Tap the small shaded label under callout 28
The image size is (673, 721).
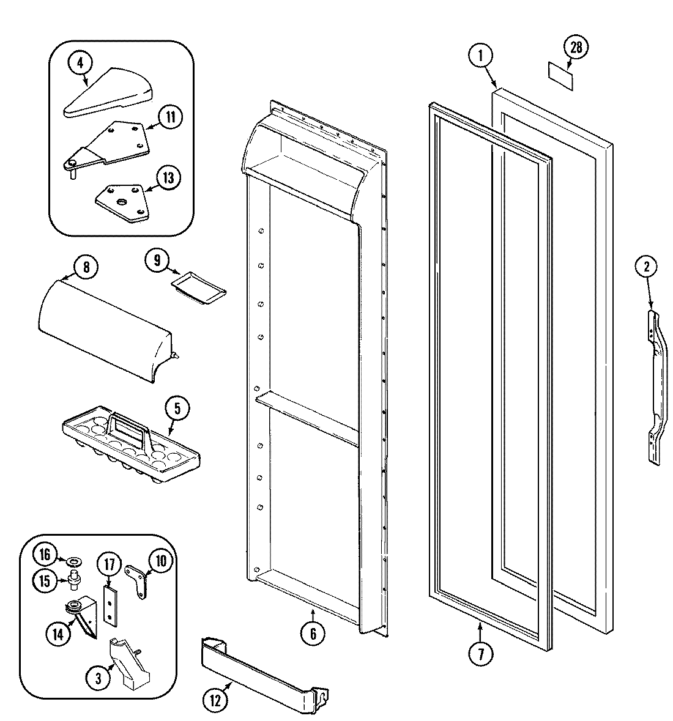click(562, 77)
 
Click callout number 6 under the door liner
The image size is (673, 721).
click(313, 634)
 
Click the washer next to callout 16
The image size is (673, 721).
click(76, 560)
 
